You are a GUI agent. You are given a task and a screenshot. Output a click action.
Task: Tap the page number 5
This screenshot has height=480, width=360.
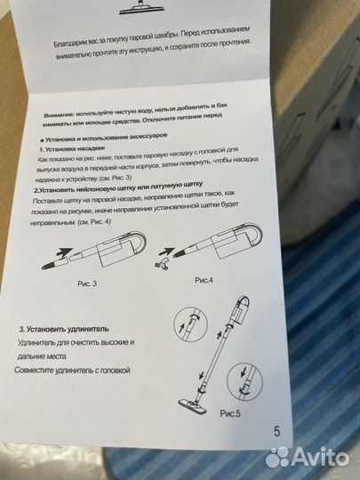(x=278, y=430)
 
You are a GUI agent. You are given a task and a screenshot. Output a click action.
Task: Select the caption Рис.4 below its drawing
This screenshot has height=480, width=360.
(x=208, y=279)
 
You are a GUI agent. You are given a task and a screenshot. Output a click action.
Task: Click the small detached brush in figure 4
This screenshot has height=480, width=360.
(x=160, y=255)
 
